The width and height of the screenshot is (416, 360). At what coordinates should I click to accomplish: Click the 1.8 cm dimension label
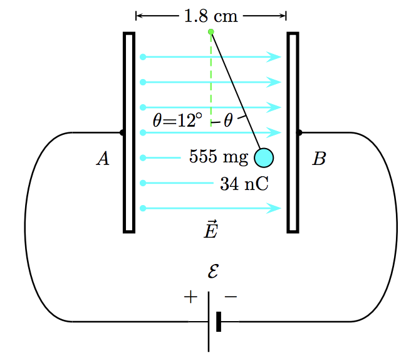(211, 16)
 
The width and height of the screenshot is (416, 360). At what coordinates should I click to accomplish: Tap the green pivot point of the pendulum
(211, 31)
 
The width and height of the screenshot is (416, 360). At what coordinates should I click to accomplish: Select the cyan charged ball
(264, 157)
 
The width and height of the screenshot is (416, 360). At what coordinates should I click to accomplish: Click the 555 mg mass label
(219, 157)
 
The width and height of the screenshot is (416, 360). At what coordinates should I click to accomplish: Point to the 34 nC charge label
(244, 183)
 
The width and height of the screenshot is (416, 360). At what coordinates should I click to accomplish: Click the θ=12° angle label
(177, 120)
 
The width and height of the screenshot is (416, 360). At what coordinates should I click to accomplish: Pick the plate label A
(103, 159)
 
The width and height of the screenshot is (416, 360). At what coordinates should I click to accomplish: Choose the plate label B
(319, 159)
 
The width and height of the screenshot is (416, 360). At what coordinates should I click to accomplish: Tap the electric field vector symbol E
(211, 230)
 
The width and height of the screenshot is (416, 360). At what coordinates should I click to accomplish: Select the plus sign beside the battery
(190, 297)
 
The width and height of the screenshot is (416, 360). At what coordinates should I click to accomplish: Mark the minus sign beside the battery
(231, 297)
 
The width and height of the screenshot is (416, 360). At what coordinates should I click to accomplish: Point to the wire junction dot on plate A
(122, 132)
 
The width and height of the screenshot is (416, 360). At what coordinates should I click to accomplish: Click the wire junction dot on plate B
(299, 132)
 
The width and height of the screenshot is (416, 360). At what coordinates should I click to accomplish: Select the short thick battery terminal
(219, 321)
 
